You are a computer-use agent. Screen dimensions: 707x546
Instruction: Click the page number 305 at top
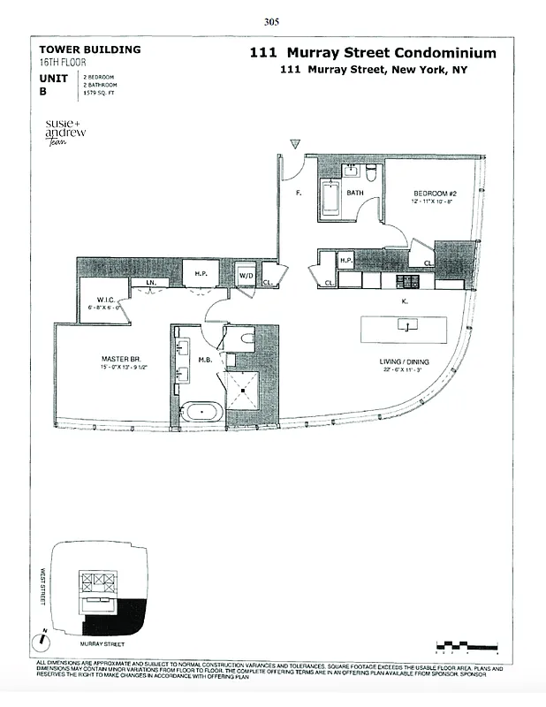[x=272, y=23]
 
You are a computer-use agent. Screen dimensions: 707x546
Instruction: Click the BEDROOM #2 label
[x=434, y=193]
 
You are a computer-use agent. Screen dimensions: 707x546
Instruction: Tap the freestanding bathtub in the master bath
[x=202, y=412]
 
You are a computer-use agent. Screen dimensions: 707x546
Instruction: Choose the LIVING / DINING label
[x=403, y=361]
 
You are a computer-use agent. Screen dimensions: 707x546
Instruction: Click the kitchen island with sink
[x=406, y=327]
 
